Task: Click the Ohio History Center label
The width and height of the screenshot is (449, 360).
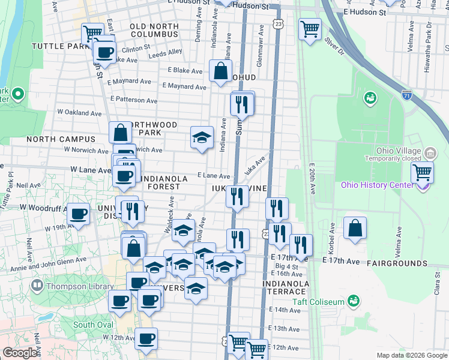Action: click(x=377, y=185)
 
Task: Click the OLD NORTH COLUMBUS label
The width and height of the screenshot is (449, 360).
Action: click(x=154, y=31)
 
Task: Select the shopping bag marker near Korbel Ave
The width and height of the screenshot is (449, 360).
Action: click(x=355, y=228)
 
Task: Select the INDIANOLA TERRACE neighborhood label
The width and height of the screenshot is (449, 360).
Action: click(x=285, y=288)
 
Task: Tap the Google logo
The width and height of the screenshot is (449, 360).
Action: click(x=20, y=353)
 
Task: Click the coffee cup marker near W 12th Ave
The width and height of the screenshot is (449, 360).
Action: click(x=145, y=338)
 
